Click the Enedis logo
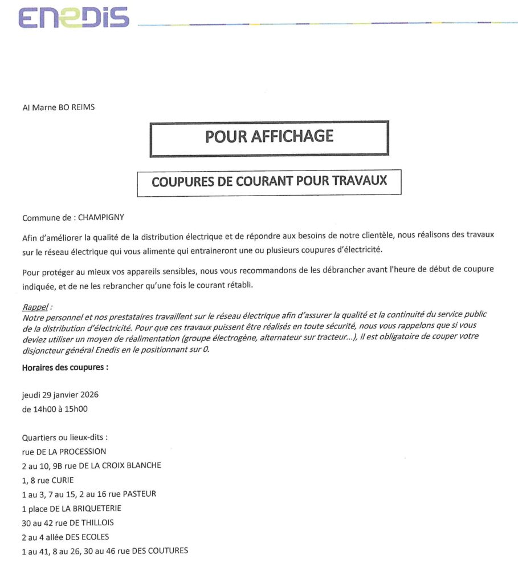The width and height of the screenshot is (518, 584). pyautogui.click(x=74, y=18)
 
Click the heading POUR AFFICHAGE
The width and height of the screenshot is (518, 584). pyautogui.click(x=269, y=136)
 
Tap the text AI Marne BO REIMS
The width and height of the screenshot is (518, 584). pyautogui.click(x=58, y=107)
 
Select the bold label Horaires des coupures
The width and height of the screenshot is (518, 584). pyautogui.click(x=65, y=367)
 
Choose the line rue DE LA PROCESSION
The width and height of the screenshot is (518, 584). pyautogui.click(x=64, y=451)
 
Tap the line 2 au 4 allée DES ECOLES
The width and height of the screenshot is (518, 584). pyautogui.click(x=66, y=537)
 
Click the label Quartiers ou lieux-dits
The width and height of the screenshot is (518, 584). pyautogui.click(x=65, y=437)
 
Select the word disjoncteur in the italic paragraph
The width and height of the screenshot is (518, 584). pyautogui.click(x=42, y=350)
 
